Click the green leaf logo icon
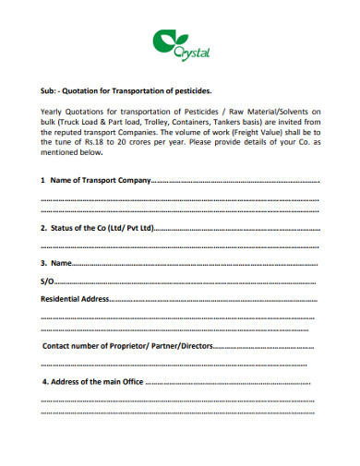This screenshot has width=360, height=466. (x=164, y=42)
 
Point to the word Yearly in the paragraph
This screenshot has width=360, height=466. (x=55, y=111)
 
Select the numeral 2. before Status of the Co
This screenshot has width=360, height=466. (x=44, y=227)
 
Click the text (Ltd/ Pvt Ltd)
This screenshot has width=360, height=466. (x=129, y=227)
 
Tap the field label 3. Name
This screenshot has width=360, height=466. (x=56, y=263)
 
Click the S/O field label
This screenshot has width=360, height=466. (x=48, y=281)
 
